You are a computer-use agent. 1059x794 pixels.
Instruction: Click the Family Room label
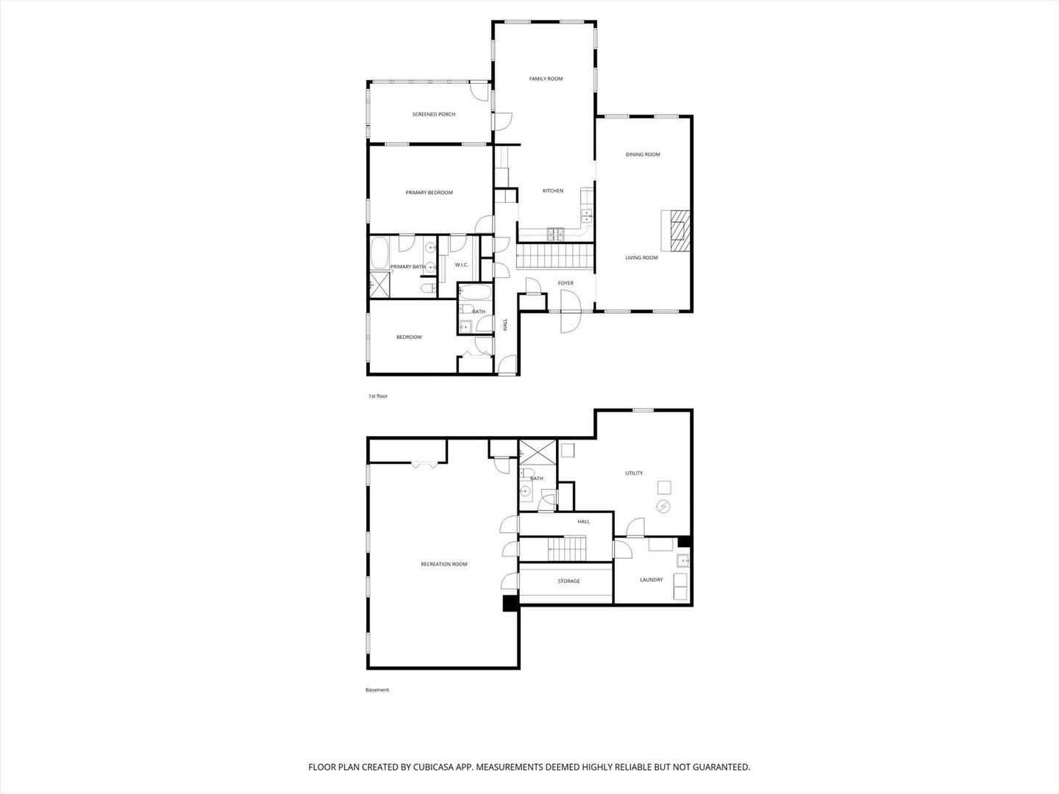(546, 79)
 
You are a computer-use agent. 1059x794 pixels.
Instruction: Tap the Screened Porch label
(433, 114)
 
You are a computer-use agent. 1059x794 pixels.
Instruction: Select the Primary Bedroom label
(429, 193)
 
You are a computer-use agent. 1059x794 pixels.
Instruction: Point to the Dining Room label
(643, 154)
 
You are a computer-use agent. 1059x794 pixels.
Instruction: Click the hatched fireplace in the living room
(676, 230)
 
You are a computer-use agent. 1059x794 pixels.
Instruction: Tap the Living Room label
(641, 258)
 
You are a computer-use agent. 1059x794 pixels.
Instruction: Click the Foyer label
(566, 283)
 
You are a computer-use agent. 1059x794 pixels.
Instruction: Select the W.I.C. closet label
(462, 265)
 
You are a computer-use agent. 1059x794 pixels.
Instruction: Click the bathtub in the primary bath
(380, 253)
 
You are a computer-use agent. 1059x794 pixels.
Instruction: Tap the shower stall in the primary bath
(380, 285)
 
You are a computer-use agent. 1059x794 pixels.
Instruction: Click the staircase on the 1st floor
(556, 257)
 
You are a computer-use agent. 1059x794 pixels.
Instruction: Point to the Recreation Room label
(443, 565)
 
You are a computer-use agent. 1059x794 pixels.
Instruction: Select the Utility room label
(634, 473)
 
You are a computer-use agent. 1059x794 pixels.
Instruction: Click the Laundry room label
(651, 580)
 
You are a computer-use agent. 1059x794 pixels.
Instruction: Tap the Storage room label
(568, 582)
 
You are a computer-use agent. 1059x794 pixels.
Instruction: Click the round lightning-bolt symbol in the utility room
(664, 507)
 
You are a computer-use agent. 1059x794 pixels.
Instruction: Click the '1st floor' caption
(378, 396)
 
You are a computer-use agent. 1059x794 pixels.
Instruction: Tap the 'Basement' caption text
(377, 690)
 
